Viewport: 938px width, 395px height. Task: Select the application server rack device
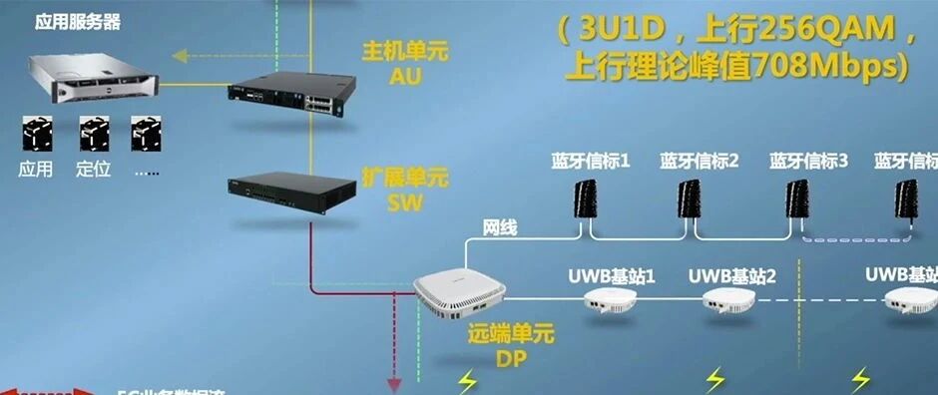click(90, 73)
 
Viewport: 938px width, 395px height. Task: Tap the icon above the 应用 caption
click(37, 135)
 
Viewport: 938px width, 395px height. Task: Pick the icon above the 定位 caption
click(94, 135)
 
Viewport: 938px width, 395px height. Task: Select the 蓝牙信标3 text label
click(808, 160)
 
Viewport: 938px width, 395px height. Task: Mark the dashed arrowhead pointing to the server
click(178, 56)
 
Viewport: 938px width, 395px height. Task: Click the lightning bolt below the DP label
click(467, 380)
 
